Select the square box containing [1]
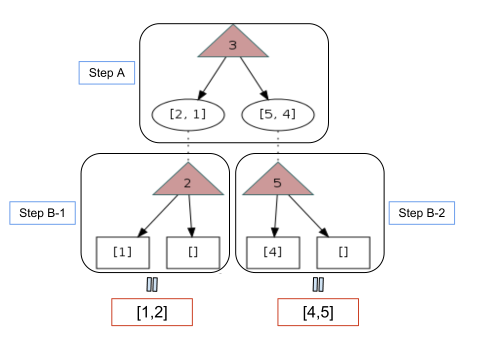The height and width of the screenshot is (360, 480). [x=123, y=252]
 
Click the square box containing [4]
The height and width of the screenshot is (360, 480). [x=273, y=252]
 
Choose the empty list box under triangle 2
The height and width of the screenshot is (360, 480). [x=193, y=252]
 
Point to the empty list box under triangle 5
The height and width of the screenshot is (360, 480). [x=343, y=252]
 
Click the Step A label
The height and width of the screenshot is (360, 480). [x=107, y=73]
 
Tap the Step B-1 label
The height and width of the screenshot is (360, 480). [x=42, y=213]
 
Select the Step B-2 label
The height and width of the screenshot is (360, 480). [x=422, y=213]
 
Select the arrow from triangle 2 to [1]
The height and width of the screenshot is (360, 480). [x=157, y=216]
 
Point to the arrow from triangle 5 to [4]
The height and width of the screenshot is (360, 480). [x=276, y=216]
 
